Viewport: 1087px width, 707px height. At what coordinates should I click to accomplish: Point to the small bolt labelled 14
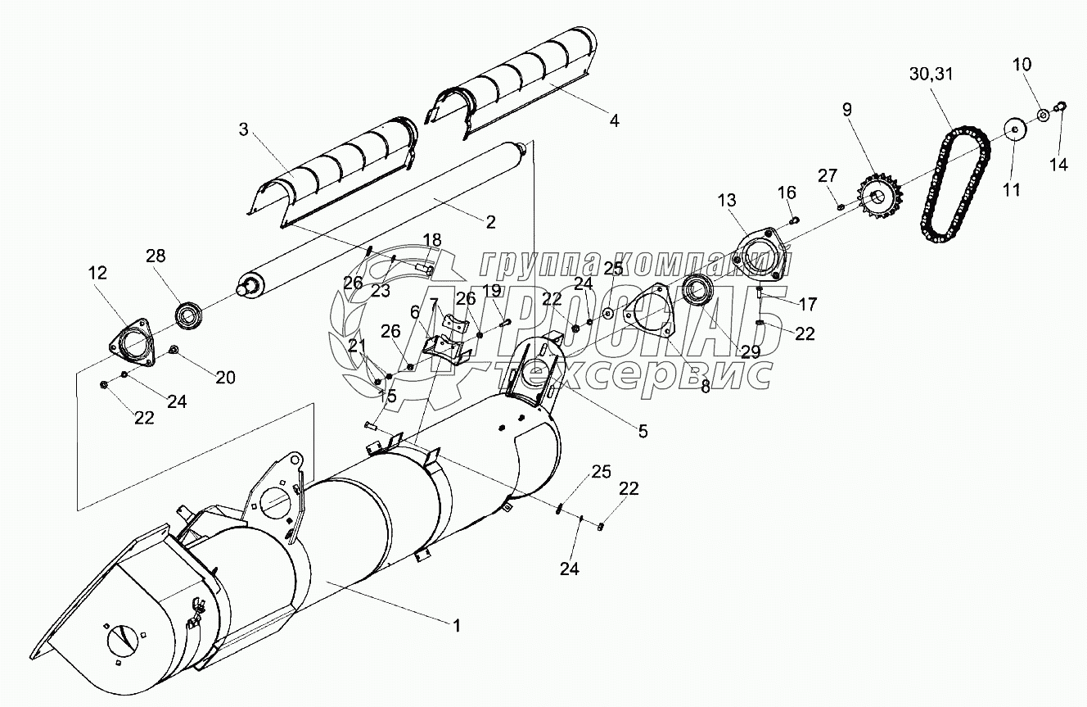(1061, 105)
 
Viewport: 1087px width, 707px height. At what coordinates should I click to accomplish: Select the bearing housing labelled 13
(760, 251)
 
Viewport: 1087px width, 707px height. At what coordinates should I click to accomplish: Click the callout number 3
(243, 129)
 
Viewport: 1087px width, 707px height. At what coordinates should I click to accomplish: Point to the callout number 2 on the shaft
(491, 221)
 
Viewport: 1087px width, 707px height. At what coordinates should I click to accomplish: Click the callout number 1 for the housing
(457, 625)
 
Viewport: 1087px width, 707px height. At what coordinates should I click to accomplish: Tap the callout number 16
(786, 193)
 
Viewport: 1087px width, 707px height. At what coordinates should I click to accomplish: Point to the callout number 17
(808, 304)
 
